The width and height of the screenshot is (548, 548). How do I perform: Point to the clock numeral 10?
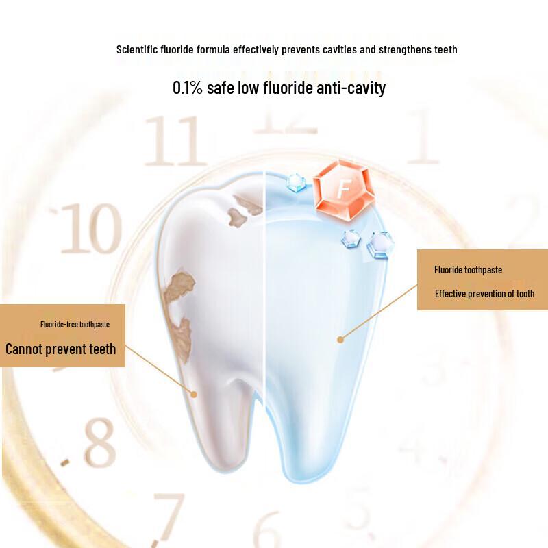point(90,229)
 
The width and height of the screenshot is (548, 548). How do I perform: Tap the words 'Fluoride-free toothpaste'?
point(75,324)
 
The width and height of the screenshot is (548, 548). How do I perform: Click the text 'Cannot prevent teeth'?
point(61,349)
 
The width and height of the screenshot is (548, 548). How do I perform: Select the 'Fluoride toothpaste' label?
point(468,270)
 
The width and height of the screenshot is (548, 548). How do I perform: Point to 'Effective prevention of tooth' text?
point(484,294)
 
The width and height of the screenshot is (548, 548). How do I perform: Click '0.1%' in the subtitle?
point(188,88)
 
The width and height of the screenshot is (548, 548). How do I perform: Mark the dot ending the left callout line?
point(194,394)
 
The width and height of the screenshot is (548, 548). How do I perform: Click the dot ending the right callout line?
point(340,338)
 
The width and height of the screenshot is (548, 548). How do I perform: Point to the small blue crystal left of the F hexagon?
point(296,182)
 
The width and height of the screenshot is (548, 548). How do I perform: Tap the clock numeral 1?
point(423,140)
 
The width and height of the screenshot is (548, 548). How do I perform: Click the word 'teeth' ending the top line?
point(445,49)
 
